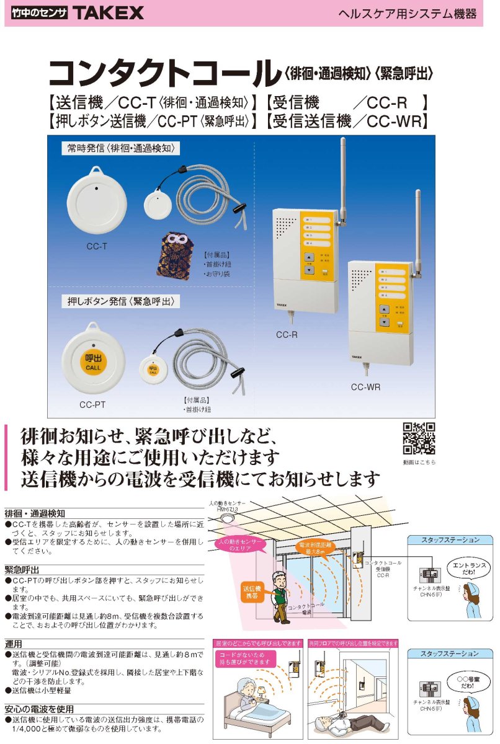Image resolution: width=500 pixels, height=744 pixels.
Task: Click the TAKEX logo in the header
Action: click(x=108, y=12)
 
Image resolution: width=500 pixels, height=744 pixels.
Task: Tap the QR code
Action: click(x=419, y=438)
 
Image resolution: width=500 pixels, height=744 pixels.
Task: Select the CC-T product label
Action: click(x=97, y=246)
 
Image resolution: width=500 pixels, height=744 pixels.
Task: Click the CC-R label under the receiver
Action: click(x=287, y=335)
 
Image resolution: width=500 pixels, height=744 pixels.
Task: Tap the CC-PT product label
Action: click(x=92, y=404)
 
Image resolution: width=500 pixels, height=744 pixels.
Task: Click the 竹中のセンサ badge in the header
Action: click(x=39, y=12)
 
